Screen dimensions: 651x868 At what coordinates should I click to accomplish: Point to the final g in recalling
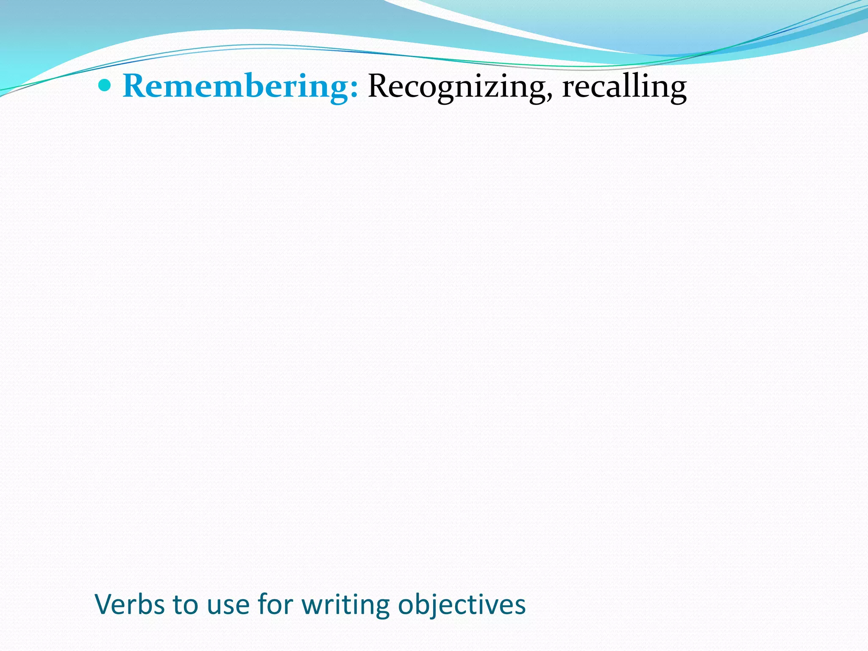coord(676,91)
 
